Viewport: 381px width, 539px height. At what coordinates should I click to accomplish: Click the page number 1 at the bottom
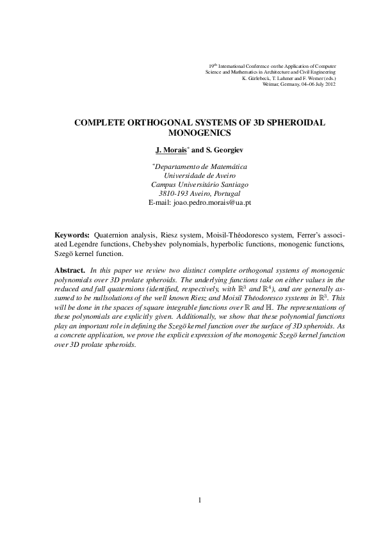(200, 500)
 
